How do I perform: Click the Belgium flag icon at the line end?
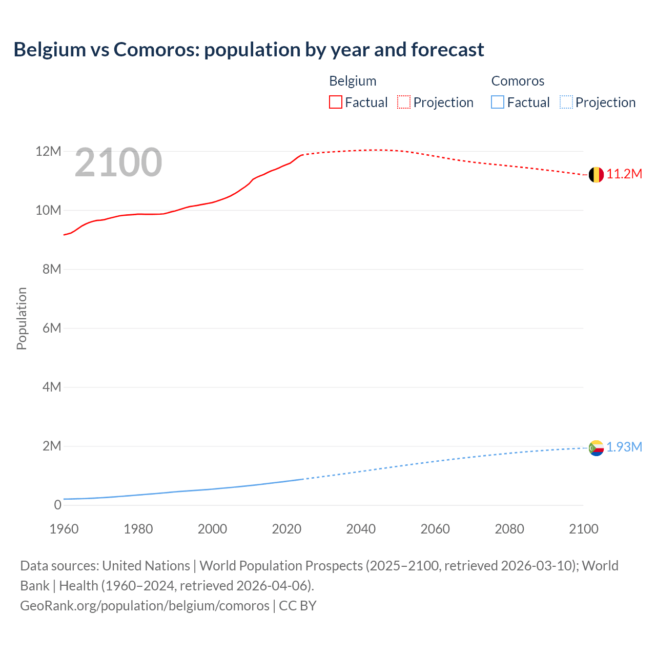pyautogui.click(x=596, y=175)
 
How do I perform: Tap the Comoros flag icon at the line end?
pyautogui.click(x=596, y=448)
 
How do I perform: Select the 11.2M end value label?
pyautogui.click(x=624, y=174)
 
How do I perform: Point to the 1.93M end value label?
pyautogui.click(x=624, y=447)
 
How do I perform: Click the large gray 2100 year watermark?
pyautogui.click(x=118, y=162)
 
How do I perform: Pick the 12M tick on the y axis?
pyautogui.click(x=48, y=152)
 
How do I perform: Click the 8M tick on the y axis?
pyautogui.click(x=52, y=270)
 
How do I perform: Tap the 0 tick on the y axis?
pyautogui.click(x=57, y=505)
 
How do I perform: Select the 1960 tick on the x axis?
pyautogui.click(x=64, y=529)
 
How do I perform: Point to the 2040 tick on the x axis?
pyautogui.click(x=361, y=529)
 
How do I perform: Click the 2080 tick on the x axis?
pyautogui.click(x=509, y=529)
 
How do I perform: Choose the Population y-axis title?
pyautogui.click(x=22, y=318)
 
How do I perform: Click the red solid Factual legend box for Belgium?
pyautogui.click(x=335, y=102)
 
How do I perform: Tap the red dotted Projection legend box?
pyautogui.click(x=404, y=102)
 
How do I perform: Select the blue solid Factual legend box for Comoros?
pyautogui.click(x=498, y=102)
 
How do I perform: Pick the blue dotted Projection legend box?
pyautogui.click(x=566, y=102)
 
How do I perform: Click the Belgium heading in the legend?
pyautogui.click(x=353, y=81)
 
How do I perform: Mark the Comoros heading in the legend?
pyautogui.click(x=518, y=81)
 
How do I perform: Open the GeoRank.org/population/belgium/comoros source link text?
pyautogui.click(x=145, y=606)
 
